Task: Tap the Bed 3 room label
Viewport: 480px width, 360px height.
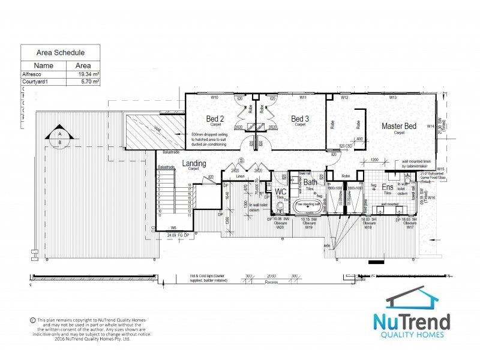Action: click(300, 118)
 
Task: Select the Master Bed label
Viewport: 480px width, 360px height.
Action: click(399, 126)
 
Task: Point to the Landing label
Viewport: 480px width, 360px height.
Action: click(194, 163)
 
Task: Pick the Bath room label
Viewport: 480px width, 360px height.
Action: click(310, 182)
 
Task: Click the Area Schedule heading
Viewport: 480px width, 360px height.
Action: click(61, 52)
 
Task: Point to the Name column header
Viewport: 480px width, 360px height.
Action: click(44, 65)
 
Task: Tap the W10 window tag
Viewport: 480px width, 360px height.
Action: click(214, 97)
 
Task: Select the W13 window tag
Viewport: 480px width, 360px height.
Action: click(393, 97)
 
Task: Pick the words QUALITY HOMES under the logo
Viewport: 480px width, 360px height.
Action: click(412, 334)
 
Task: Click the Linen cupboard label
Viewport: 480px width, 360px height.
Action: click(239, 176)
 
